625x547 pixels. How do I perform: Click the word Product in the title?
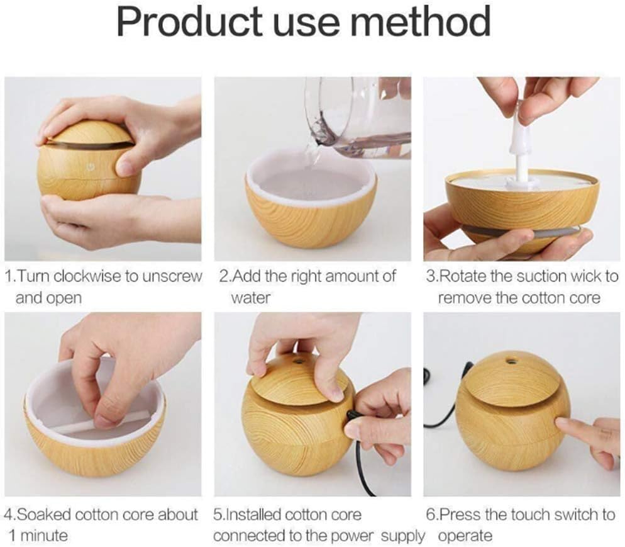click(x=189, y=21)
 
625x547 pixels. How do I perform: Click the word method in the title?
click(x=423, y=21)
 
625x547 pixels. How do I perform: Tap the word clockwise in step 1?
click(x=87, y=276)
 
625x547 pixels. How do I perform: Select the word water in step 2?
click(x=250, y=298)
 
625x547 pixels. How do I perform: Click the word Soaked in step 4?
click(x=44, y=515)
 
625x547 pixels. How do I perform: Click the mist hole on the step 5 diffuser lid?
click(x=298, y=363)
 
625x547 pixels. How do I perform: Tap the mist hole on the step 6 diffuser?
click(x=510, y=362)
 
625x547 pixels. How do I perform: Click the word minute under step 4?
click(x=45, y=536)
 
